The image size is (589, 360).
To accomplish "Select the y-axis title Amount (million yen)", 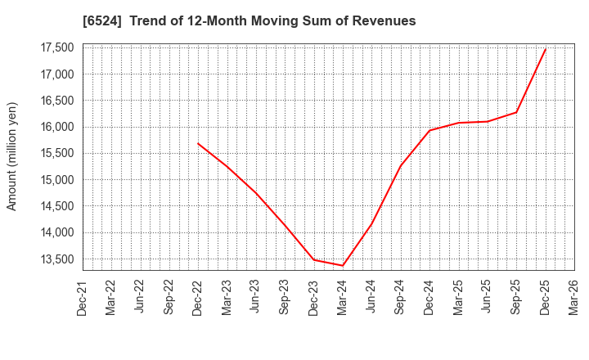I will [x=12, y=156].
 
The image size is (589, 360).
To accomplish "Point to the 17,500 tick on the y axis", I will [x=55, y=47].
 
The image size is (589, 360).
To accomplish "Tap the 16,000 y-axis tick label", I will [x=55, y=127].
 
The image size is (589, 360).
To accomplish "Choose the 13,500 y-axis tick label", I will [x=55, y=259].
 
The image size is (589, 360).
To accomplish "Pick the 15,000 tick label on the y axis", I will [x=55, y=180].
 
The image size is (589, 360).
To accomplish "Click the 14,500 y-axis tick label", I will [x=55, y=206].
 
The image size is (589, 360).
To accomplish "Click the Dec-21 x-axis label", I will [x=83, y=297].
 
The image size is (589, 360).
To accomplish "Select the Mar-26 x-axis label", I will [x=574, y=297].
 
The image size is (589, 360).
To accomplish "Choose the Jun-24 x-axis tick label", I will [x=372, y=297].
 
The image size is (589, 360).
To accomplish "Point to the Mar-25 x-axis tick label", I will [x=459, y=297].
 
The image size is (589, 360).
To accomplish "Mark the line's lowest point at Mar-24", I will [x=343, y=266].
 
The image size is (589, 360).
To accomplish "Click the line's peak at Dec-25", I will [x=546, y=48].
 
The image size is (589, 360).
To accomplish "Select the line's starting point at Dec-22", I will [x=198, y=143].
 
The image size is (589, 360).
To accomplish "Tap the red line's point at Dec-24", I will [x=429, y=130].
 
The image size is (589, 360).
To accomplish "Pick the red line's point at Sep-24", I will [x=401, y=166].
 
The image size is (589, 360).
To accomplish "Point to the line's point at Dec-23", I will [x=314, y=260].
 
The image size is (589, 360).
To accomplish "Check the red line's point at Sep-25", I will [x=516, y=112].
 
